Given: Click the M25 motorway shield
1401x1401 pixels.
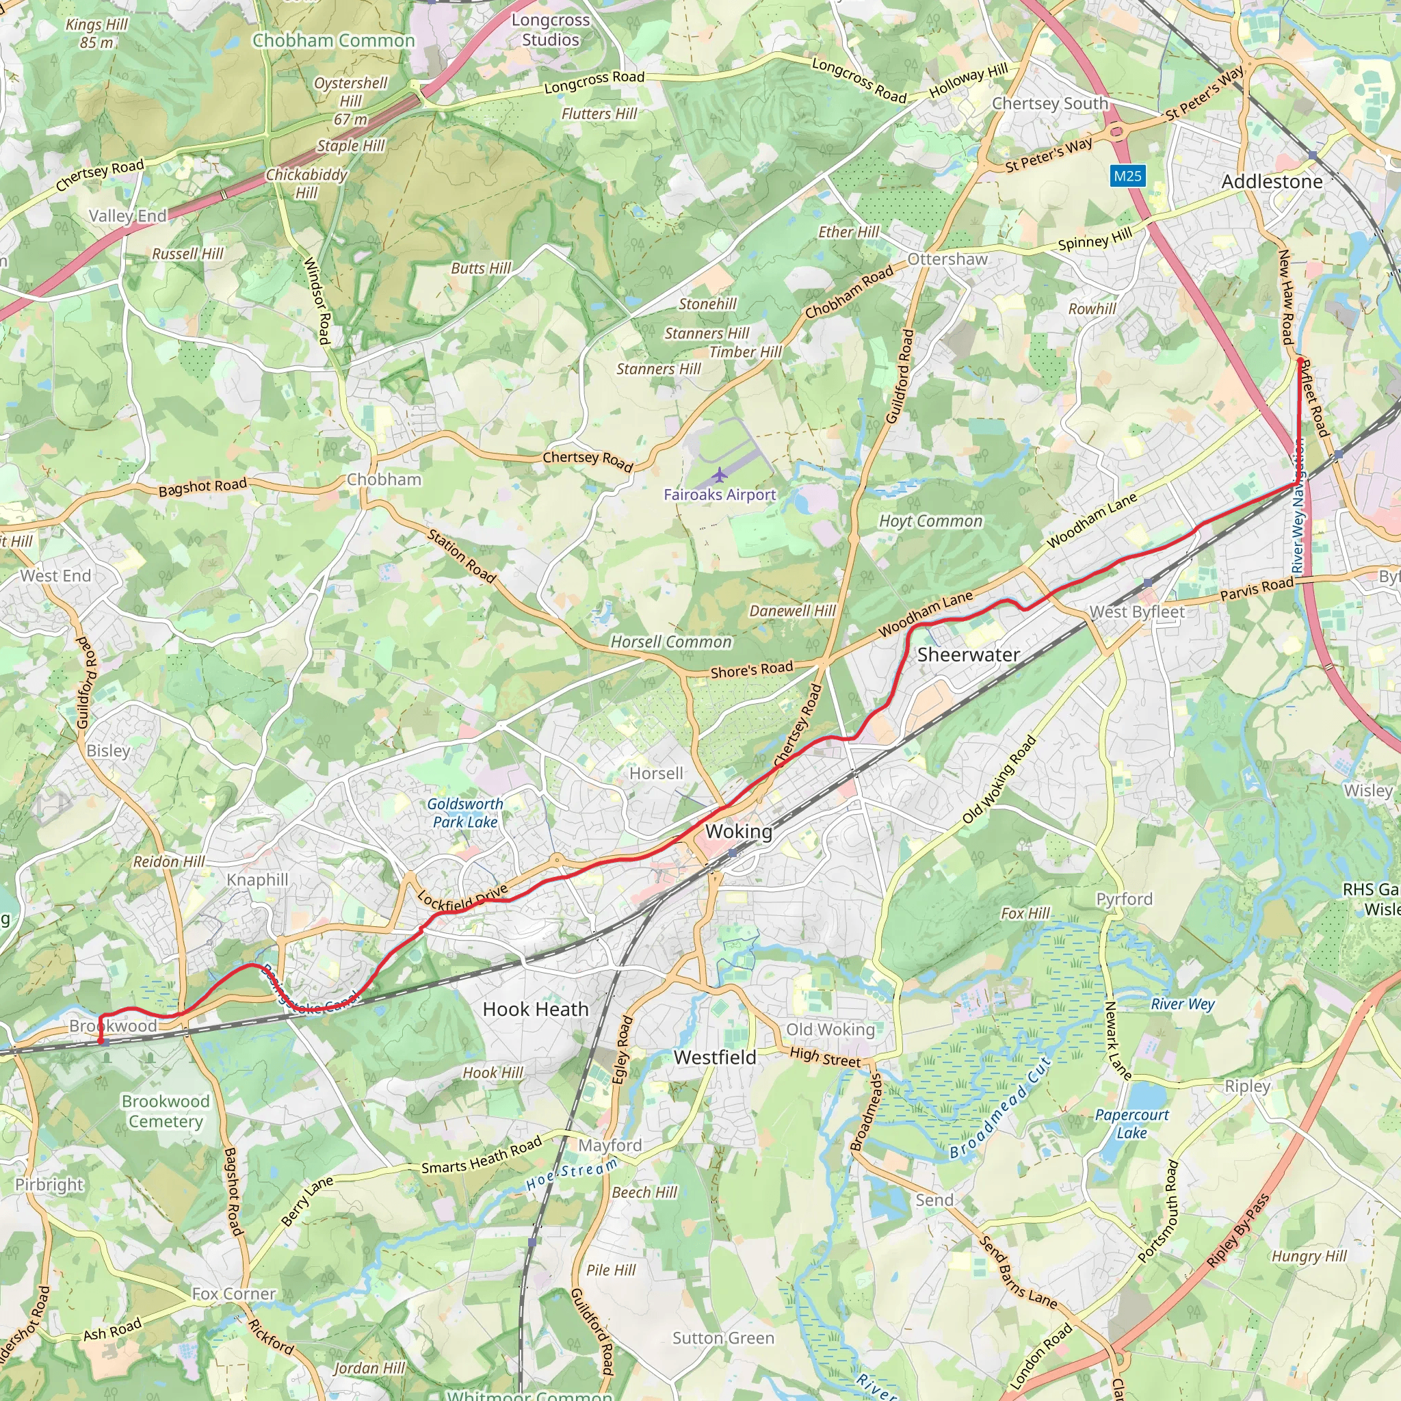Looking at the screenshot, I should point(1127,176).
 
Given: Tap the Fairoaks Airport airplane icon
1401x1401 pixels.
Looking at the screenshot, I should point(719,475).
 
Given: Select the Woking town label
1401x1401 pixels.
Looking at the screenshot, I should point(738,831).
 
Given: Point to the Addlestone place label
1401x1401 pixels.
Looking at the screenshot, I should point(1271,181).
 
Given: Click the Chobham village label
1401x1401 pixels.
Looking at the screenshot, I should point(384,480).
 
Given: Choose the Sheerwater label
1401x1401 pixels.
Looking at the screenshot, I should point(968,655).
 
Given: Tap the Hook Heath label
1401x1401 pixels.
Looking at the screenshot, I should point(535,1009).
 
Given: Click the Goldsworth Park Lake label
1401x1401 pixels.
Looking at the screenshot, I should point(464,812).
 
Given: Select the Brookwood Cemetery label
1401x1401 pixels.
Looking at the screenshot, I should point(166,1111).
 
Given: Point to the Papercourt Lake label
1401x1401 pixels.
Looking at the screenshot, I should point(1131,1123).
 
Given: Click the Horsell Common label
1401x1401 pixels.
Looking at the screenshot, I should point(671,642).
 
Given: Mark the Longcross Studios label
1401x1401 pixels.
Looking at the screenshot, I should point(551,29).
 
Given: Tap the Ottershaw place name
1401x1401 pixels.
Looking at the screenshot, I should point(947,259).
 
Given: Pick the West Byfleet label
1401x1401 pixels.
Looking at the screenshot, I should point(1136,612).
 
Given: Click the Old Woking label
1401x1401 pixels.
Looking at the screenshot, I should point(830,1030).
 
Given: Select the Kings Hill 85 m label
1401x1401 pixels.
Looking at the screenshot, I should point(96,34).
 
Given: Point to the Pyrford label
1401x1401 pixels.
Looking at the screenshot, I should point(1124,899).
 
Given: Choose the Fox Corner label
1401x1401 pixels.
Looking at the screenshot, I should point(233,1294).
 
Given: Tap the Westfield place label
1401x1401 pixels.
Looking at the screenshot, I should point(714,1058).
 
